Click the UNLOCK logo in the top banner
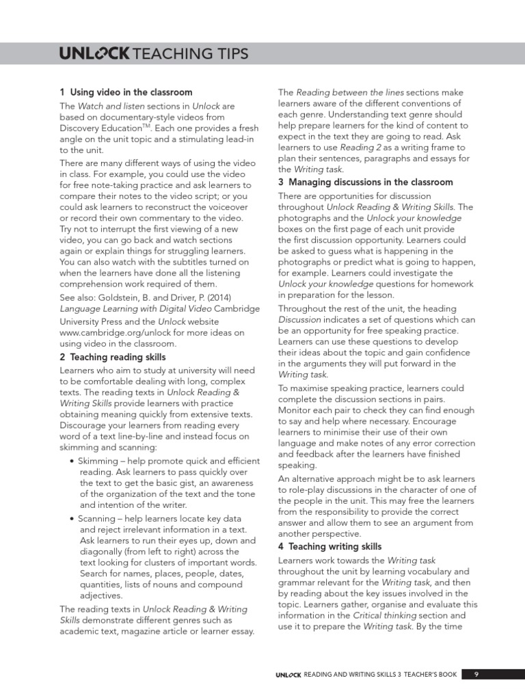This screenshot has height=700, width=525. click(x=94, y=54)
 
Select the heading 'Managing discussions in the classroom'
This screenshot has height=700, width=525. click(x=365, y=183)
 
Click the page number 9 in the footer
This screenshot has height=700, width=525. click(x=476, y=674)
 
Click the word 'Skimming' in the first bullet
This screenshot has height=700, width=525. click(x=98, y=461)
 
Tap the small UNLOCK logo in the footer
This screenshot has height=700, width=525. click(x=288, y=675)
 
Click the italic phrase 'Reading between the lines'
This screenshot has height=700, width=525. click(x=350, y=93)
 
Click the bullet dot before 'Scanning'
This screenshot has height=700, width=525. click(x=72, y=519)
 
